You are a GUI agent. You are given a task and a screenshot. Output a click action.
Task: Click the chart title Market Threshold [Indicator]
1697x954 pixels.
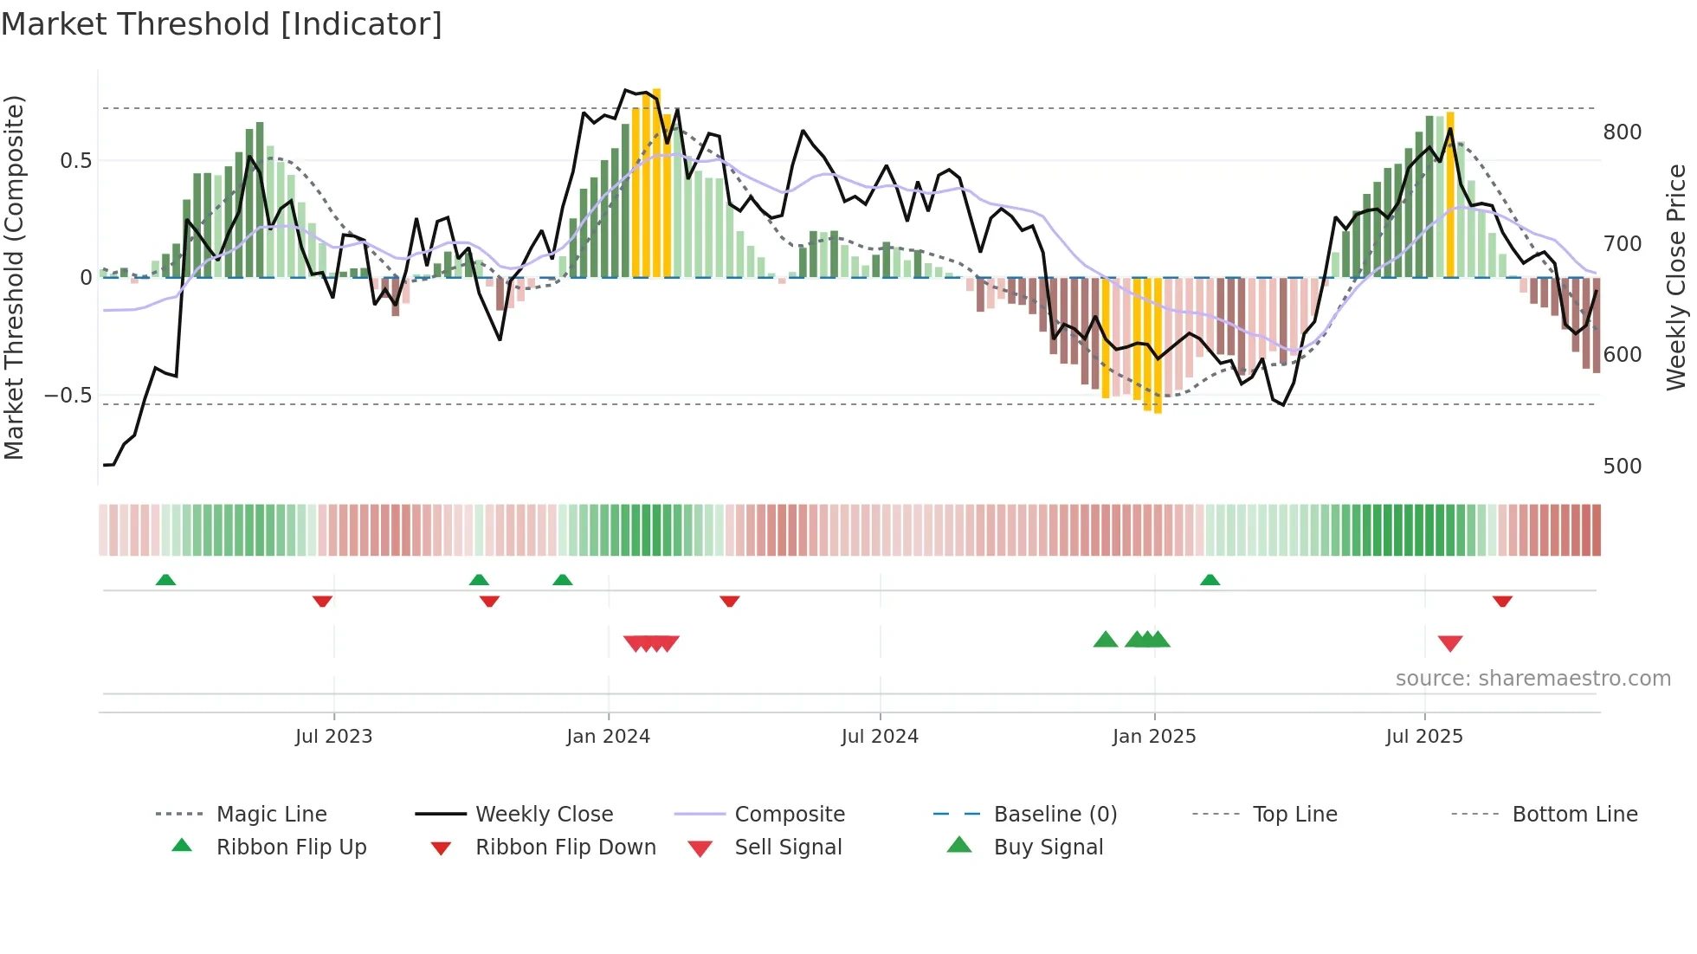click(222, 24)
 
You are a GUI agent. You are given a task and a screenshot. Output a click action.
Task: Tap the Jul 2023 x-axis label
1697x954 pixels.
click(333, 737)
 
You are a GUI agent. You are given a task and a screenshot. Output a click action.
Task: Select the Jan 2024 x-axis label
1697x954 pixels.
click(608, 737)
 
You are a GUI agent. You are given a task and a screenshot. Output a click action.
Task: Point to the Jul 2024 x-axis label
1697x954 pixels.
click(880, 737)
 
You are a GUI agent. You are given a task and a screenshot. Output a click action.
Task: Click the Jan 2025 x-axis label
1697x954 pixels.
click(1153, 737)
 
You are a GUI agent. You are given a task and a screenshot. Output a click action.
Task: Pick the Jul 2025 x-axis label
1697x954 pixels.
click(1424, 737)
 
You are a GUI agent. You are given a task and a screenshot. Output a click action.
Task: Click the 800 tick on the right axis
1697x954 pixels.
click(1622, 132)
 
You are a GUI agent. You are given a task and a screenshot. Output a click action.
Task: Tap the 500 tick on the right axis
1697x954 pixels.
click(1622, 467)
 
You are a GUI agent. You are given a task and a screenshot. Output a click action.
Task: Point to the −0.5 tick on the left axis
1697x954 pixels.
click(68, 396)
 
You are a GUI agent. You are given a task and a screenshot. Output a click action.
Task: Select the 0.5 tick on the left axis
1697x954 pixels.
click(75, 161)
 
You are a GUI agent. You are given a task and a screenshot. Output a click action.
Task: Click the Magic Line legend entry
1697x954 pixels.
click(271, 815)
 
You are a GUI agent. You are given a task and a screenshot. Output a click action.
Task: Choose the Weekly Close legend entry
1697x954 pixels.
click(544, 815)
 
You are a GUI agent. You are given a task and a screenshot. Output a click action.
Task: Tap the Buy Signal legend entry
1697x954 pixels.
click(1048, 848)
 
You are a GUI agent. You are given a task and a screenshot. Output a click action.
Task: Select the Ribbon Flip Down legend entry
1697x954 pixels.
click(565, 848)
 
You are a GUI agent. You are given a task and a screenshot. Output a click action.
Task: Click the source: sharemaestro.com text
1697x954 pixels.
click(1532, 679)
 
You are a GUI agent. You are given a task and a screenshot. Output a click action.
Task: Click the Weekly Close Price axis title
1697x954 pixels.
click(1676, 277)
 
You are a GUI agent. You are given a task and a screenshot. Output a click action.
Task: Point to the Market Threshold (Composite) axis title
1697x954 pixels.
click(14, 277)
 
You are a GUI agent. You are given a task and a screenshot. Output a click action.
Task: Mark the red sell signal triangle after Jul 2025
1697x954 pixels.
click(1450, 643)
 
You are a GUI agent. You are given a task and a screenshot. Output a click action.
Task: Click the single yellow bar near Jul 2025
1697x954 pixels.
click(1450, 195)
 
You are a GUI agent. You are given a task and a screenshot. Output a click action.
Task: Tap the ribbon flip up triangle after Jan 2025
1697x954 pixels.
click(1210, 580)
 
